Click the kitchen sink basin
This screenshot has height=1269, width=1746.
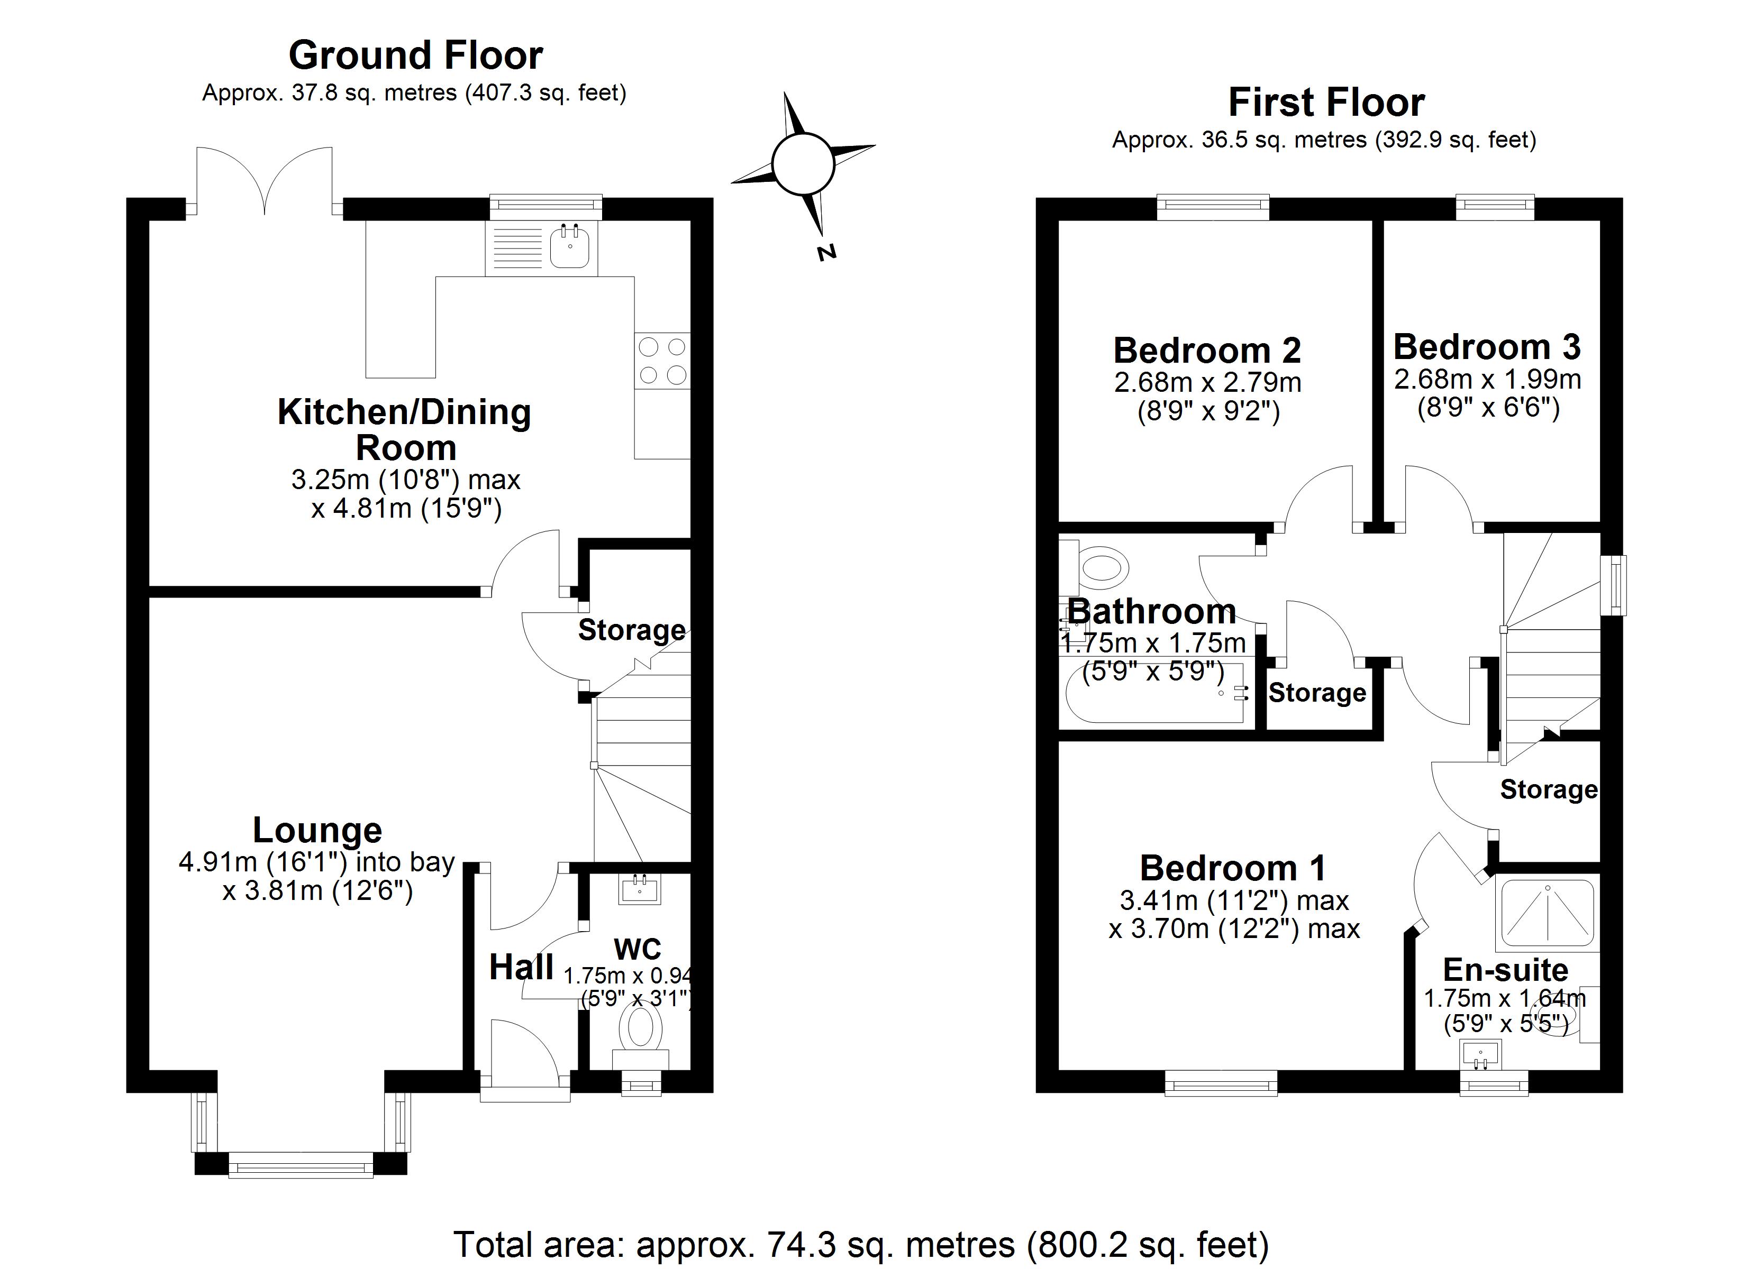click(x=570, y=246)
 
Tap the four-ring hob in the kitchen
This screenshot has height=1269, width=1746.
click(x=662, y=360)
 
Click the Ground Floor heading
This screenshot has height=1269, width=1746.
click(x=416, y=56)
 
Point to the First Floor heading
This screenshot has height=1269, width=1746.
click(x=1326, y=103)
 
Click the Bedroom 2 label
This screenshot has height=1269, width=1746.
click(x=1206, y=351)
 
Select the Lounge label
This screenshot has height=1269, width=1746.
click(x=317, y=830)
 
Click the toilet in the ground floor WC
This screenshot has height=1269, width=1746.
click(x=641, y=1029)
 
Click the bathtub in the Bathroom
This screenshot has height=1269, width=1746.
click(x=1155, y=693)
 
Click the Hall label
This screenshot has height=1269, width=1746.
click(x=521, y=967)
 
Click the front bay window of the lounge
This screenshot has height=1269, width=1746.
click(x=301, y=1168)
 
